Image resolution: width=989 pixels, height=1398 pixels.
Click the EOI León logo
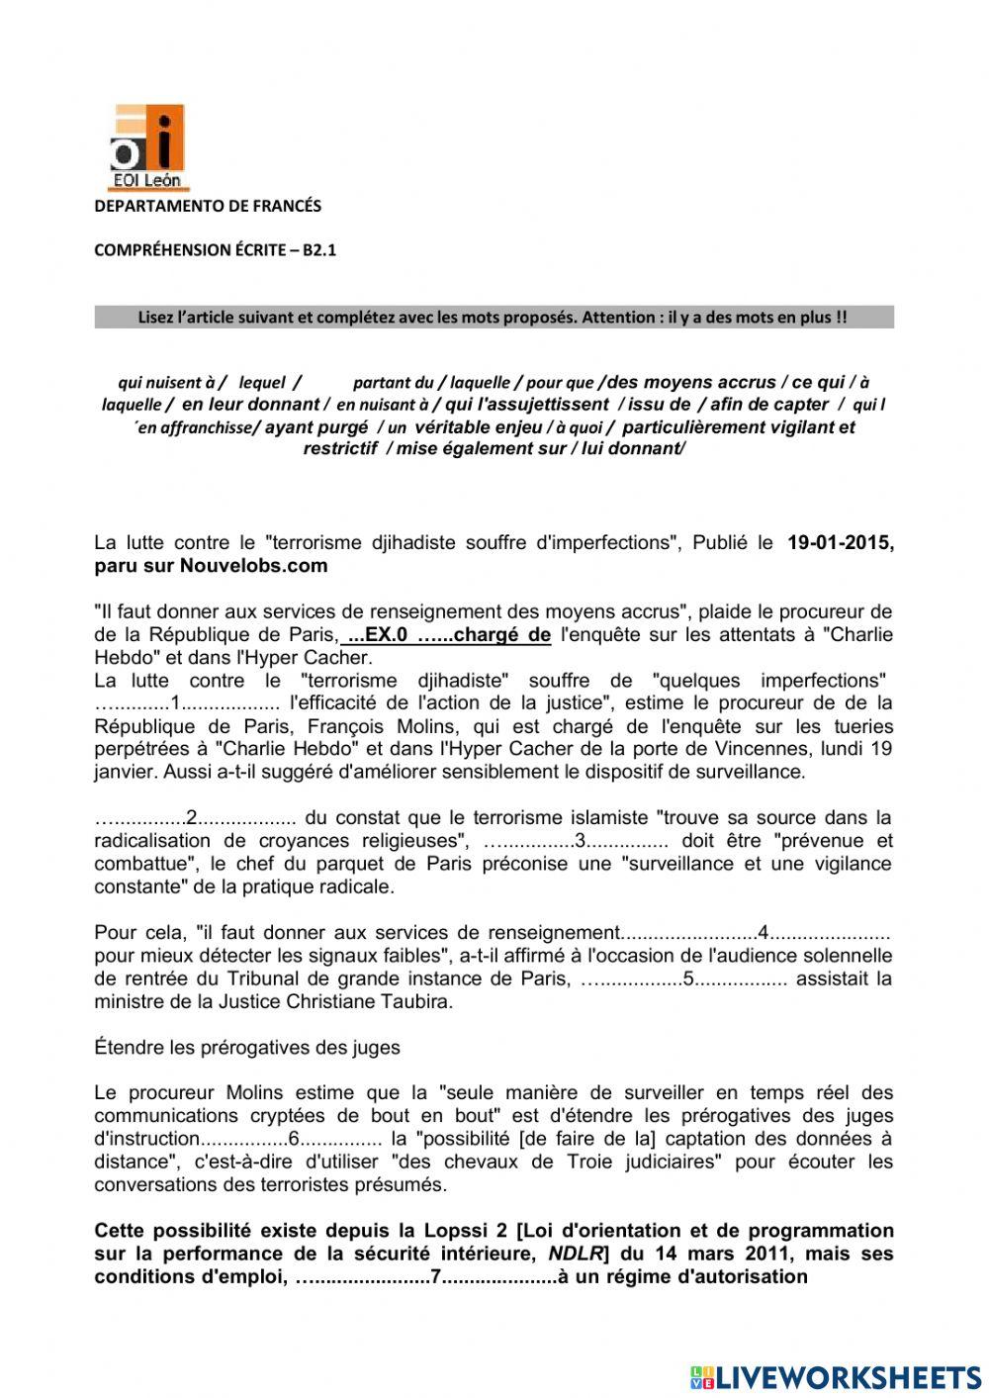point(146,147)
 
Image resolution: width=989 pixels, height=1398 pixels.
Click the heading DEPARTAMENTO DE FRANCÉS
point(208,206)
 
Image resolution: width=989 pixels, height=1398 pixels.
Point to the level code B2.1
point(319,250)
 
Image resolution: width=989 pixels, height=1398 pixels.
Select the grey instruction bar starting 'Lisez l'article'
point(494,318)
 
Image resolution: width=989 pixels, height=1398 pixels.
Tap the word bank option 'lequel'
point(262,383)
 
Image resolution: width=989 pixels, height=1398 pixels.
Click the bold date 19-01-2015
point(840,542)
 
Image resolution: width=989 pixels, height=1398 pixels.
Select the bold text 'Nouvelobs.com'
point(253,566)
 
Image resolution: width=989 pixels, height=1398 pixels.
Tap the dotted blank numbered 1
point(187,703)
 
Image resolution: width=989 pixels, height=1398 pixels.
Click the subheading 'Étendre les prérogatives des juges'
point(247,1047)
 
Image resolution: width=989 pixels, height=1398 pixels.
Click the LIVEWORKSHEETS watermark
point(836,1377)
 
